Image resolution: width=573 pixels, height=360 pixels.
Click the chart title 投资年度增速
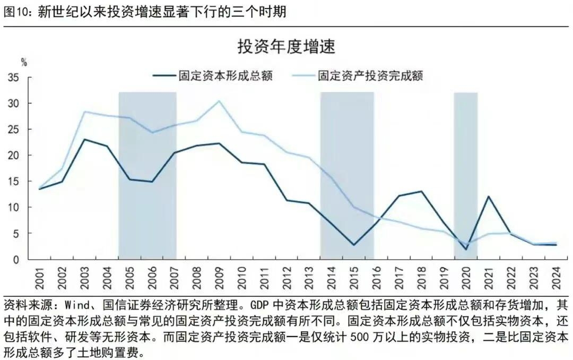coord(286,47)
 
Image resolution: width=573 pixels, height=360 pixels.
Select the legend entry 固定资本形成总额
coord(212,75)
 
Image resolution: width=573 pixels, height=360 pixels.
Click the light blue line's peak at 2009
coord(219,101)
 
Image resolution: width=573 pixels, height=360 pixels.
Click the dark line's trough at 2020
coord(466,250)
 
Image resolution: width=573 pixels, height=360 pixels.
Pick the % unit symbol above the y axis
coord(23,62)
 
